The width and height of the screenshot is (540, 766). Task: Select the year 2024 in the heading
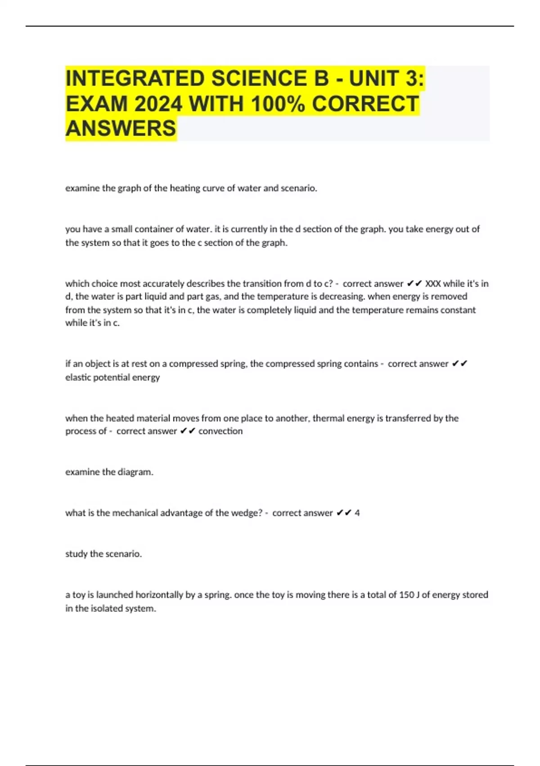point(158,104)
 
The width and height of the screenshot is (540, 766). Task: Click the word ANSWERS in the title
point(121,128)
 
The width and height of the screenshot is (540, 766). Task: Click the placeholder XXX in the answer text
point(433,284)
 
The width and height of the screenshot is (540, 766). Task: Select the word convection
point(220,431)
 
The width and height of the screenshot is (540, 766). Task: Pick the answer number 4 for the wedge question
point(357,513)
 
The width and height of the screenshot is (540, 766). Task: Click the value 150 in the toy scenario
point(406,595)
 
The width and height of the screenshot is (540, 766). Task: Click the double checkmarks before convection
point(187,431)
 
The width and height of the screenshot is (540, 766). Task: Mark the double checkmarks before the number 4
point(344,513)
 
